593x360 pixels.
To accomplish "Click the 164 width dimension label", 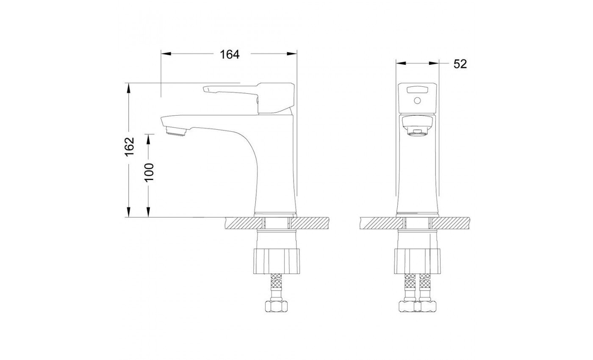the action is coord(230,55).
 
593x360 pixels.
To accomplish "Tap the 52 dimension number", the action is coord(460,64).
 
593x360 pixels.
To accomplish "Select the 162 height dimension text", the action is coord(130,147).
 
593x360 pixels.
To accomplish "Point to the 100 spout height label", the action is coord(149,172).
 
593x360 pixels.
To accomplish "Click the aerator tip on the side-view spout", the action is coord(175,131).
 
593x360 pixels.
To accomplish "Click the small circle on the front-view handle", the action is coord(417,101).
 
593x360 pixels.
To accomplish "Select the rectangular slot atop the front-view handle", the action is coord(418,89).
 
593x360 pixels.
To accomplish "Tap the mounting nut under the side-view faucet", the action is coord(277,261).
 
